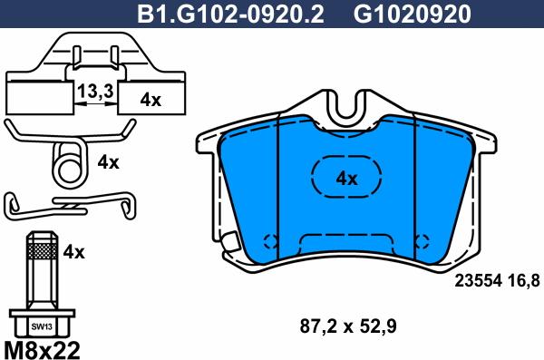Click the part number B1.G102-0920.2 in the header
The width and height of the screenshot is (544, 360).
pos(230,14)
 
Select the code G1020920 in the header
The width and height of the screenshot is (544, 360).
pos(412,14)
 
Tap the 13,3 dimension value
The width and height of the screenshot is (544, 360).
pos(95,92)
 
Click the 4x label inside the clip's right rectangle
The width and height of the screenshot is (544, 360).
pos(151,100)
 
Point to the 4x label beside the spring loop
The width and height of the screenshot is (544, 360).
pos(108,162)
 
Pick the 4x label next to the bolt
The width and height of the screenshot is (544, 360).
pos(73,252)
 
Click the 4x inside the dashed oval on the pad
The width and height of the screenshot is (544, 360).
pos(346,179)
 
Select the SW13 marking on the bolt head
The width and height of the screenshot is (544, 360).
pos(42,326)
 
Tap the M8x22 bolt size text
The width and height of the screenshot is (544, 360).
pos(42,350)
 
